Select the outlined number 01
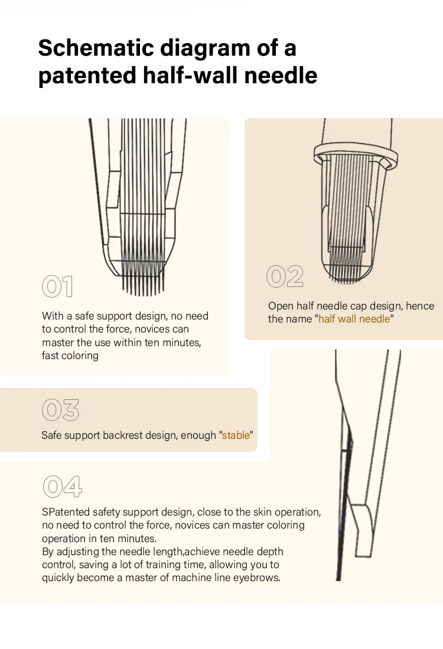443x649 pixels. point(57,286)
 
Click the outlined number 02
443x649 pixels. point(285,276)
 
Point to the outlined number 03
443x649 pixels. point(60,410)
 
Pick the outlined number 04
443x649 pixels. point(63,487)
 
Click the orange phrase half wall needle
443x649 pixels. point(354,319)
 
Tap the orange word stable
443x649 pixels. point(236,435)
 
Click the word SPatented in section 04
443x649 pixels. point(66,512)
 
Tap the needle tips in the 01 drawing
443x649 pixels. point(143,286)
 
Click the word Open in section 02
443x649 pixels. point(281,306)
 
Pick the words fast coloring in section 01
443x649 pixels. point(70,356)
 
